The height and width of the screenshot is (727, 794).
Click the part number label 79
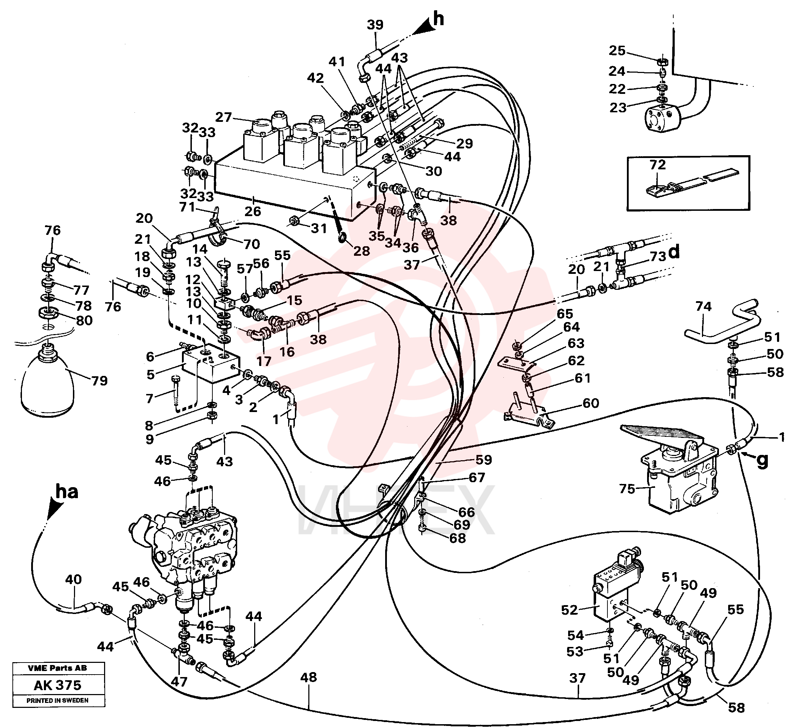tap(99, 381)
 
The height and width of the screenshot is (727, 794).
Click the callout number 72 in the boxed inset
tap(657, 164)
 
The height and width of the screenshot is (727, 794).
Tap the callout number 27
tap(223, 117)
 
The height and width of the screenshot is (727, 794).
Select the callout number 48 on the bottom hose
tap(308, 677)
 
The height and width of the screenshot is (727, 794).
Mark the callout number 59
tap(484, 460)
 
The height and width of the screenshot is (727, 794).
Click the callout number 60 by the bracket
tap(590, 403)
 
